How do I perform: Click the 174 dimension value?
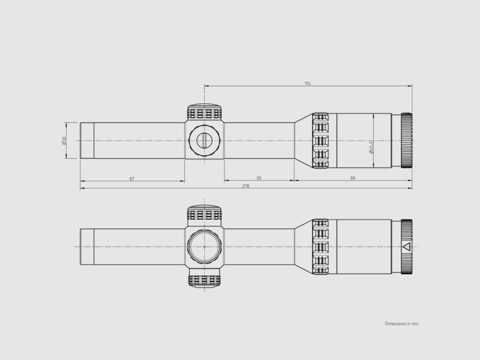(308, 83)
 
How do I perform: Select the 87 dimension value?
(131, 178)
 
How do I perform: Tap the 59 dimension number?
(259, 178)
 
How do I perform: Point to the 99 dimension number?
(353, 178)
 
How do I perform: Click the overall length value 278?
(245, 186)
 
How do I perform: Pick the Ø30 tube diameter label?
(64, 140)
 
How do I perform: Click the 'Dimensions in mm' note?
(401, 323)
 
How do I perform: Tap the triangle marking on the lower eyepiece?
(406, 247)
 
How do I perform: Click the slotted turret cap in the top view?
(204, 140)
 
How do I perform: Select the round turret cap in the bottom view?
(204, 246)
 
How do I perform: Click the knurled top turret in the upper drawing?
(205, 113)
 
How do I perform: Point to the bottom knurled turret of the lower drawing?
(205, 280)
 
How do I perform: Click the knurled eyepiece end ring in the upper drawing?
(406, 140)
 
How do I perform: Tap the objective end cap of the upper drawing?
(87, 140)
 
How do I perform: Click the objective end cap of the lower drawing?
(87, 247)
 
